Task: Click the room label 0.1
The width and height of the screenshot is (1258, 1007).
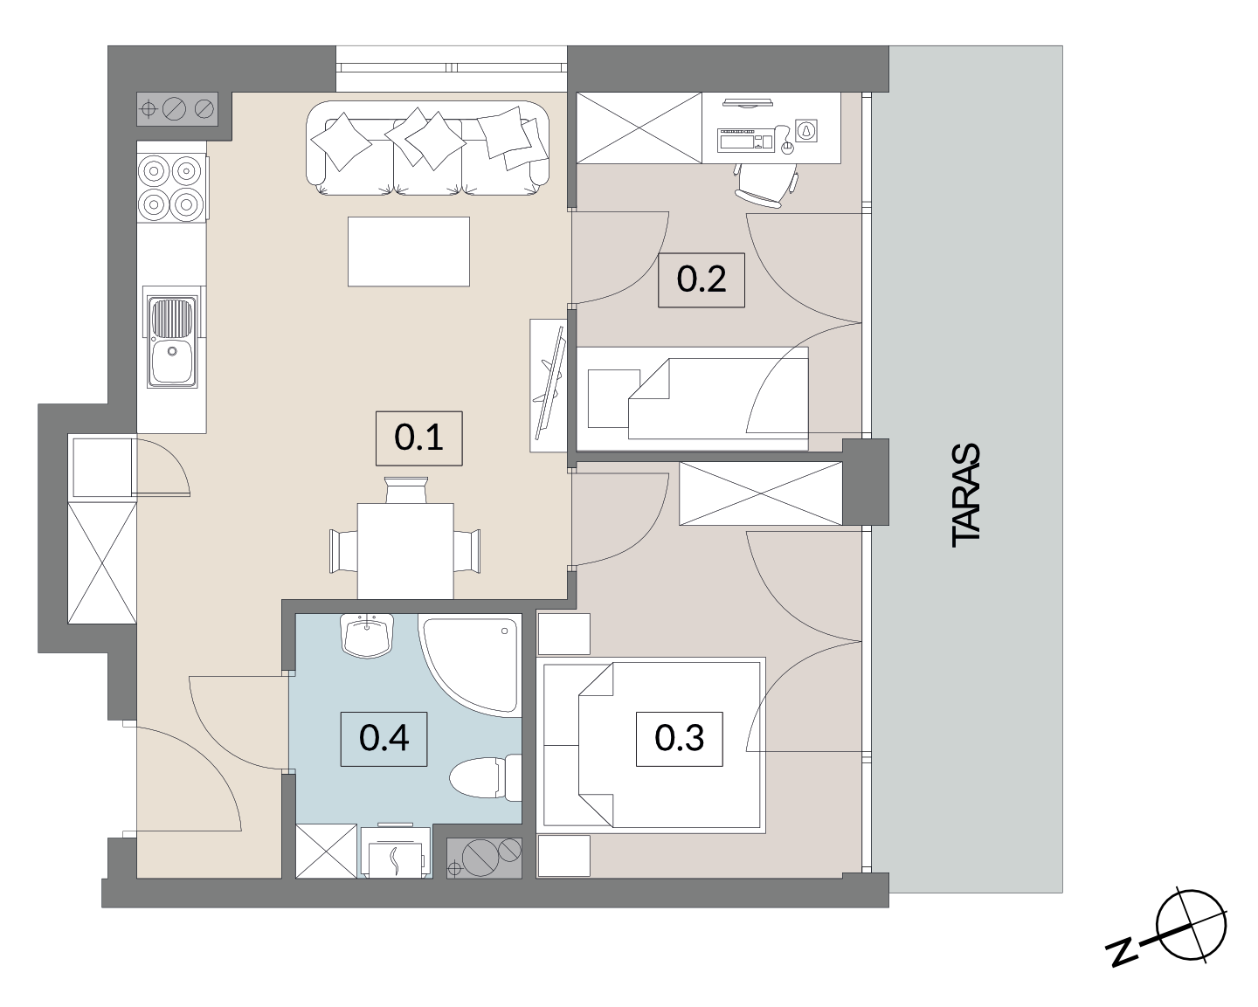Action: coord(418,438)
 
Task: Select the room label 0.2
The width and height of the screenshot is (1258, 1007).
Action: coord(701,279)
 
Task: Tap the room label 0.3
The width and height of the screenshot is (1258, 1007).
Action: coord(680,739)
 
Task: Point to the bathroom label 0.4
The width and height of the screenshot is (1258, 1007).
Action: coord(384,739)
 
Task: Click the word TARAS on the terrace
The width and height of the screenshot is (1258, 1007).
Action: coord(965,495)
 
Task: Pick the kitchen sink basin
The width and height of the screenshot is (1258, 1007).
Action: coord(172,362)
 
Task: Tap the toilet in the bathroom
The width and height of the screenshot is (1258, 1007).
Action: coord(485,776)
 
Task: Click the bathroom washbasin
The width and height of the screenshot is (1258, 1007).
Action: coord(367,635)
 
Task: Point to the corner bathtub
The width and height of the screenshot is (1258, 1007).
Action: coord(470,665)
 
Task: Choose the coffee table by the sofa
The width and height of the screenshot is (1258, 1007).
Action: coord(409,252)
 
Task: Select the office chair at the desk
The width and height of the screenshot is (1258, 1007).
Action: coord(764,183)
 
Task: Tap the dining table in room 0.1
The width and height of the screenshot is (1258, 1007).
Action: coord(405,550)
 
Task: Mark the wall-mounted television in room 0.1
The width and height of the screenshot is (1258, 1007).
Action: coord(550,385)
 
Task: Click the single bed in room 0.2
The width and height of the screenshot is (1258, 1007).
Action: coord(693,398)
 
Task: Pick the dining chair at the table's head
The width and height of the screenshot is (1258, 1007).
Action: coord(406,490)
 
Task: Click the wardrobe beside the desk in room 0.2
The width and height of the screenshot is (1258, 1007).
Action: coord(639,128)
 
